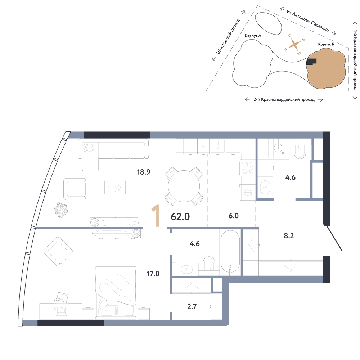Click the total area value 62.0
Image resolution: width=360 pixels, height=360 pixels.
tap(180, 217)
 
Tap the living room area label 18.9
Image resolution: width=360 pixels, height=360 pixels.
tap(144, 172)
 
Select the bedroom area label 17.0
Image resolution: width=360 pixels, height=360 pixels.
tap(153, 274)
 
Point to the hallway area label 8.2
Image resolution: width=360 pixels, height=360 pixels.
tap(289, 236)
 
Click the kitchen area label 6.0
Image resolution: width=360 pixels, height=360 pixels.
tap(234, 216)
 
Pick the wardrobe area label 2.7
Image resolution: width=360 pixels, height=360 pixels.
tap(192, 306)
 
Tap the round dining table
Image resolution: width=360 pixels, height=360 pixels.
tap(184, 186)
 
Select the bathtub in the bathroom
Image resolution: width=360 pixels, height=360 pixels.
tap(230, 251)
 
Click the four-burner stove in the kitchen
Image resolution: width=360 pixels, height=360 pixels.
tap(248, 168)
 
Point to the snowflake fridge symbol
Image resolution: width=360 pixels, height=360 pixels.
tap(248, 192)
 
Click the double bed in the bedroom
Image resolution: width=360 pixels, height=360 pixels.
tap(116, 293)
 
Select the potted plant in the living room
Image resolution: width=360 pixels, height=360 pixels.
tap(61, 210)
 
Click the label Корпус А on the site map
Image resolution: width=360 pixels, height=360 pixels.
tap(253, 36)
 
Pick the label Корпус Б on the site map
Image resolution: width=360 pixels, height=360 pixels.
tap(326, 44)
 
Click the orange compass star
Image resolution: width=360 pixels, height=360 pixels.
tap(294, 44)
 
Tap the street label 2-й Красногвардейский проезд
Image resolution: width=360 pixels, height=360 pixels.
tap(284, 100)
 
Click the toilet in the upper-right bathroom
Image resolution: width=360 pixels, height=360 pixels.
tap(300, 151)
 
